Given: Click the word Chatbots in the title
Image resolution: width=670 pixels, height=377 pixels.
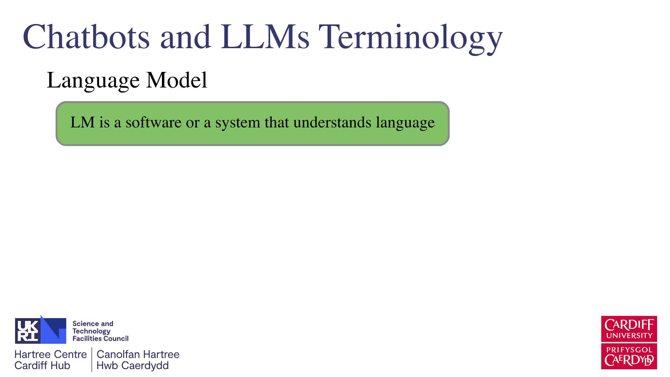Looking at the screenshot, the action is [x=86, y=37].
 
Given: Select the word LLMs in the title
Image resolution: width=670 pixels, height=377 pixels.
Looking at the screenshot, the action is [x=265, y=37].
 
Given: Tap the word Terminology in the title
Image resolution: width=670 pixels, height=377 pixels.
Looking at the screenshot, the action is [x=411, y=39].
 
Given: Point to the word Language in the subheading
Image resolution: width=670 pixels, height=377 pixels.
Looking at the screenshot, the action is [x=93, y=81].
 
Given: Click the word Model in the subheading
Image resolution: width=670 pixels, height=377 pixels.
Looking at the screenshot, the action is [x=177, y=80].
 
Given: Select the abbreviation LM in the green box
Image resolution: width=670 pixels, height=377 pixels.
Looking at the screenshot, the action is [x=82, y=122].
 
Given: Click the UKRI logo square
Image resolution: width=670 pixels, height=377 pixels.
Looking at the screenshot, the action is [x=40, y=330].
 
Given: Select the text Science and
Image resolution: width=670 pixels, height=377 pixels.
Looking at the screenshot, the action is [x=93, y=324].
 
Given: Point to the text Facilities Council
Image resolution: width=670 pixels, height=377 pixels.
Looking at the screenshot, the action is [x=100, y=339].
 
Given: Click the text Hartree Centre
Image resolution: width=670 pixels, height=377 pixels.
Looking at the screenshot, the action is [x=51, y=354].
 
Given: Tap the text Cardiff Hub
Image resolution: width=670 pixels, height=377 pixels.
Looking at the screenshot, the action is [x=42, y=365].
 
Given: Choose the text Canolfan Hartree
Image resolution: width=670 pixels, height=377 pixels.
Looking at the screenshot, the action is [x=138, y=354].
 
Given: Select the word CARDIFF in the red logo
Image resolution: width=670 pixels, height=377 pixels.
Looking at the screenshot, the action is [x=629, y=325].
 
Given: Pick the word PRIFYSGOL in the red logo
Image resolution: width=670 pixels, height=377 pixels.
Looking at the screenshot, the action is [x=629, y=350].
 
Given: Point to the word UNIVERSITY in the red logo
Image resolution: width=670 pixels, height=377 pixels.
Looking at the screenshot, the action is [x=629, y=336].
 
